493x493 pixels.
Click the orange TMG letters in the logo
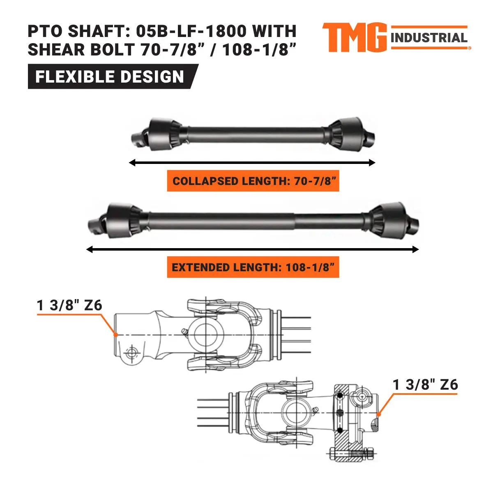[x=354, y=38]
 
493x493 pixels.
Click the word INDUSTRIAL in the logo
[x=429, y=38]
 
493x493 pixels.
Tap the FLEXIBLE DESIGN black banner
[x=110, y=77]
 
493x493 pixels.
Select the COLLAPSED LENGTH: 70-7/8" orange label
[x=253, y=181]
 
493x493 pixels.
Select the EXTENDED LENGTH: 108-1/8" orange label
[x=253, y=267]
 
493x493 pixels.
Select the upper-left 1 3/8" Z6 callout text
[x=69, y=305]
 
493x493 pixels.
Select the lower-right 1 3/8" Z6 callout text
[x=425, y=385]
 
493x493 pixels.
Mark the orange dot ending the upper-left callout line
[x=116, y=335]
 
